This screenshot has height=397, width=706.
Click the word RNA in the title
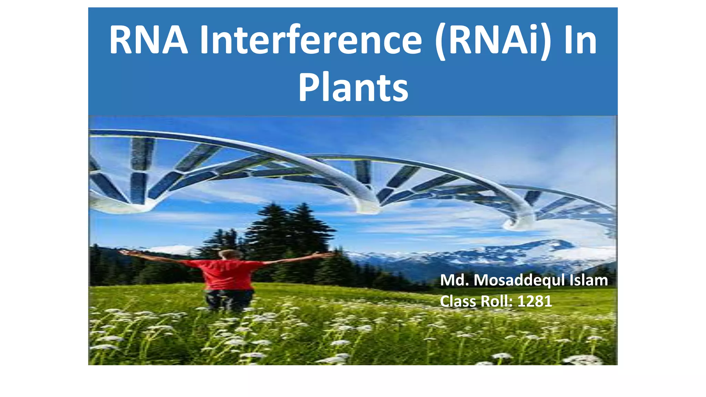[149, 41]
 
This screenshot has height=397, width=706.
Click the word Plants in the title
[353, 88]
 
